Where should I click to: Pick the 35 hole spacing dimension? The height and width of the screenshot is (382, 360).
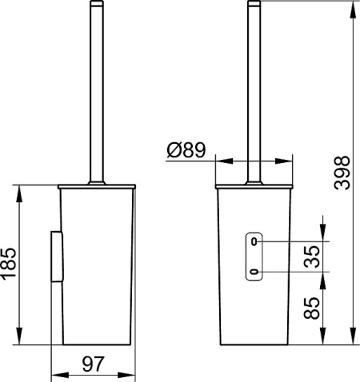pyautogui.click(x=314, y=257)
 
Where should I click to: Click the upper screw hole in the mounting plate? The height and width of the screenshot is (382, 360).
pyautogui.click(x=254, y=241)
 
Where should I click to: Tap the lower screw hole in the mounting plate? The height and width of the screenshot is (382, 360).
pyautogui.click(x=254, y=273)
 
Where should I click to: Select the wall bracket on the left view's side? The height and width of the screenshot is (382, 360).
pyautogui.click(x=55, y=256)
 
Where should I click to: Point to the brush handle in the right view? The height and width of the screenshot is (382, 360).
pyautogui.click(x=256, y=88)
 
